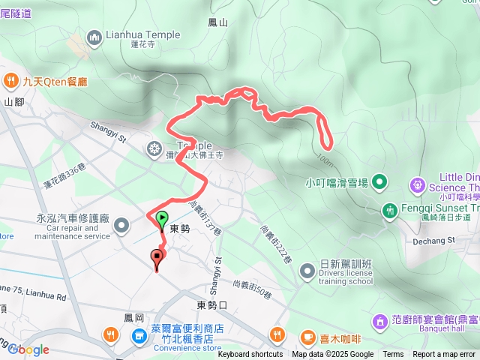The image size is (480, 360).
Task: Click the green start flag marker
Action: click(x=163, y=220)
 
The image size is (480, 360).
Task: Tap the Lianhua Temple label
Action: click(x=142, y=34)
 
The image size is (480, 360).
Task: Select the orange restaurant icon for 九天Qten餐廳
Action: click(x=11, y=80)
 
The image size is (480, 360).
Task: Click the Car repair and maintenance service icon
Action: click(x=121, y=224)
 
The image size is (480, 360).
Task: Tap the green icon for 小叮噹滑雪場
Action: click(x=379, y=181)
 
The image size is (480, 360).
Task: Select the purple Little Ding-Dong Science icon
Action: click(x=416, y=183)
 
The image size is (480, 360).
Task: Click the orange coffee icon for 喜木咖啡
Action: click(x=307, y=337)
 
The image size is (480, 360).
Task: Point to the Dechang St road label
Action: click(x=430, y=241)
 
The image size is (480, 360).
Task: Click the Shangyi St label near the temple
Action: click(x=109, y=133)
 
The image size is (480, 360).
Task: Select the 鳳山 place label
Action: click(x=219, y=23)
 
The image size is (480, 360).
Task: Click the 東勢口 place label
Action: click(x=211, y=305)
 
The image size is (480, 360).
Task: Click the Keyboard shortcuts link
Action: click(x=250, y=355)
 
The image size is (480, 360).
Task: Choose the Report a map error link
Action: click(x=444, y=355)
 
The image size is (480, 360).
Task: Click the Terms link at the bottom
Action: click(x=393, y=355)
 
